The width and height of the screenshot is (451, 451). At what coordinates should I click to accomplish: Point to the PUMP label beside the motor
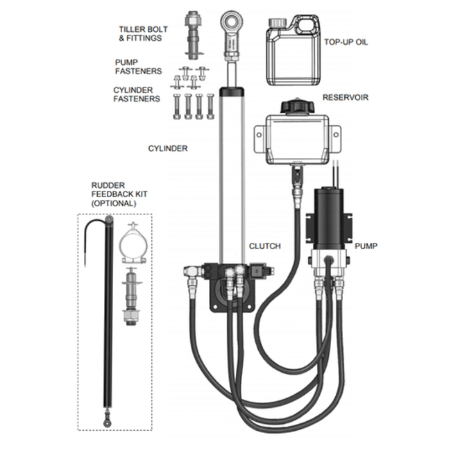click(x=366, y=246)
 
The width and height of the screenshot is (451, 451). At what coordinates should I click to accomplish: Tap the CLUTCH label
click(x=264, y=246)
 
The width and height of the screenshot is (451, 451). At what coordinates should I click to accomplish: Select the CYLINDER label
click(x=168, y=148)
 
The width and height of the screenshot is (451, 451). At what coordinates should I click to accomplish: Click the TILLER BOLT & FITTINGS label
click(x=140, y=33)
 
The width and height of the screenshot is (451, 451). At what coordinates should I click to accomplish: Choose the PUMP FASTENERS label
click(x=138, y=66)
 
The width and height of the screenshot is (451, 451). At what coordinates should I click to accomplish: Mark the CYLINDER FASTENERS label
click(x=136, y=94)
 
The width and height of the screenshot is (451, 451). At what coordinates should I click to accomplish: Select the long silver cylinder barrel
click(x=231, y=173)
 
